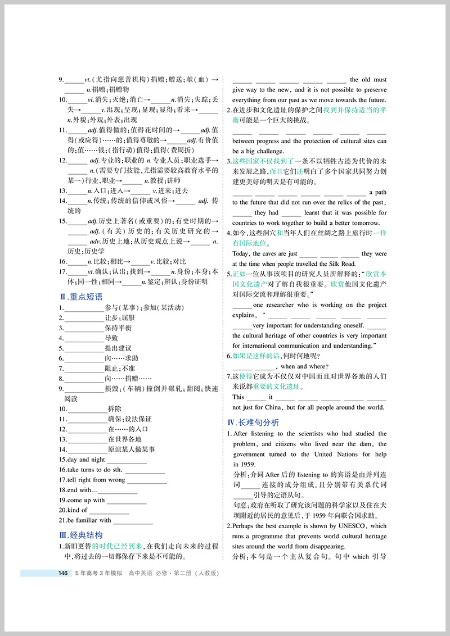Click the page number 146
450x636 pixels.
(63, 573)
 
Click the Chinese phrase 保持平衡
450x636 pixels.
(118, 328)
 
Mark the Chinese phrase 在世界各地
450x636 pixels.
(124, 439)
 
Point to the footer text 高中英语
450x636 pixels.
(141, 573)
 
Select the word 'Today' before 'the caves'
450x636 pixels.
(241, 254)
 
